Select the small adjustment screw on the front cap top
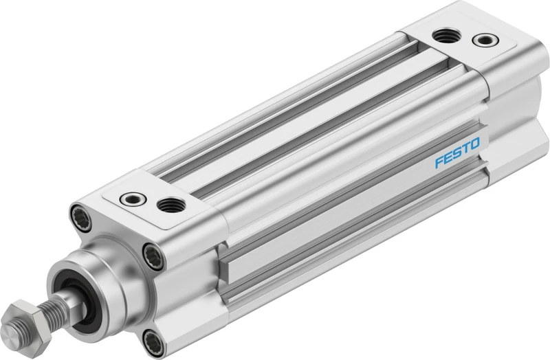pos(132,199)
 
